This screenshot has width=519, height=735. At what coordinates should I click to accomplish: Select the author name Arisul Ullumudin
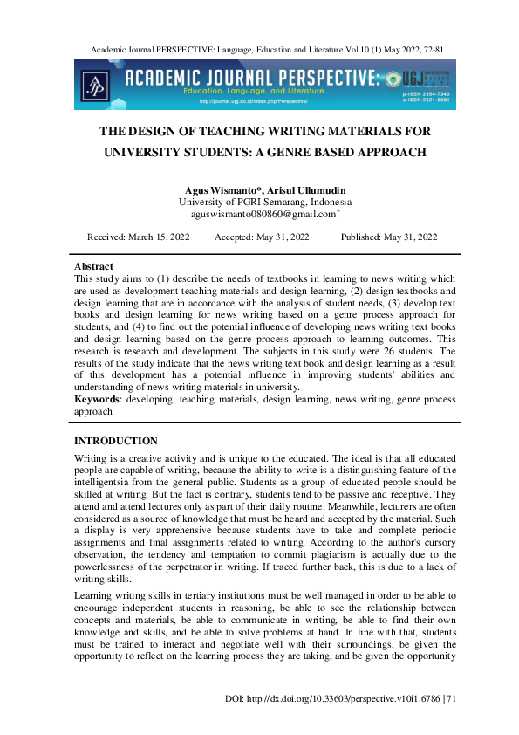pyautogui.click(x=295, y=190)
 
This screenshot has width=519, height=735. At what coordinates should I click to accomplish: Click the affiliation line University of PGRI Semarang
pyautogui.click(x=258, y=202)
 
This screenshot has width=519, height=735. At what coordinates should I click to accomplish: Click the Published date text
pyautogui.click(x=390, y=237)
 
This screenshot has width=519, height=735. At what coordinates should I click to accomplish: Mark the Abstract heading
pyautogui.click(x=93, y=265)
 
